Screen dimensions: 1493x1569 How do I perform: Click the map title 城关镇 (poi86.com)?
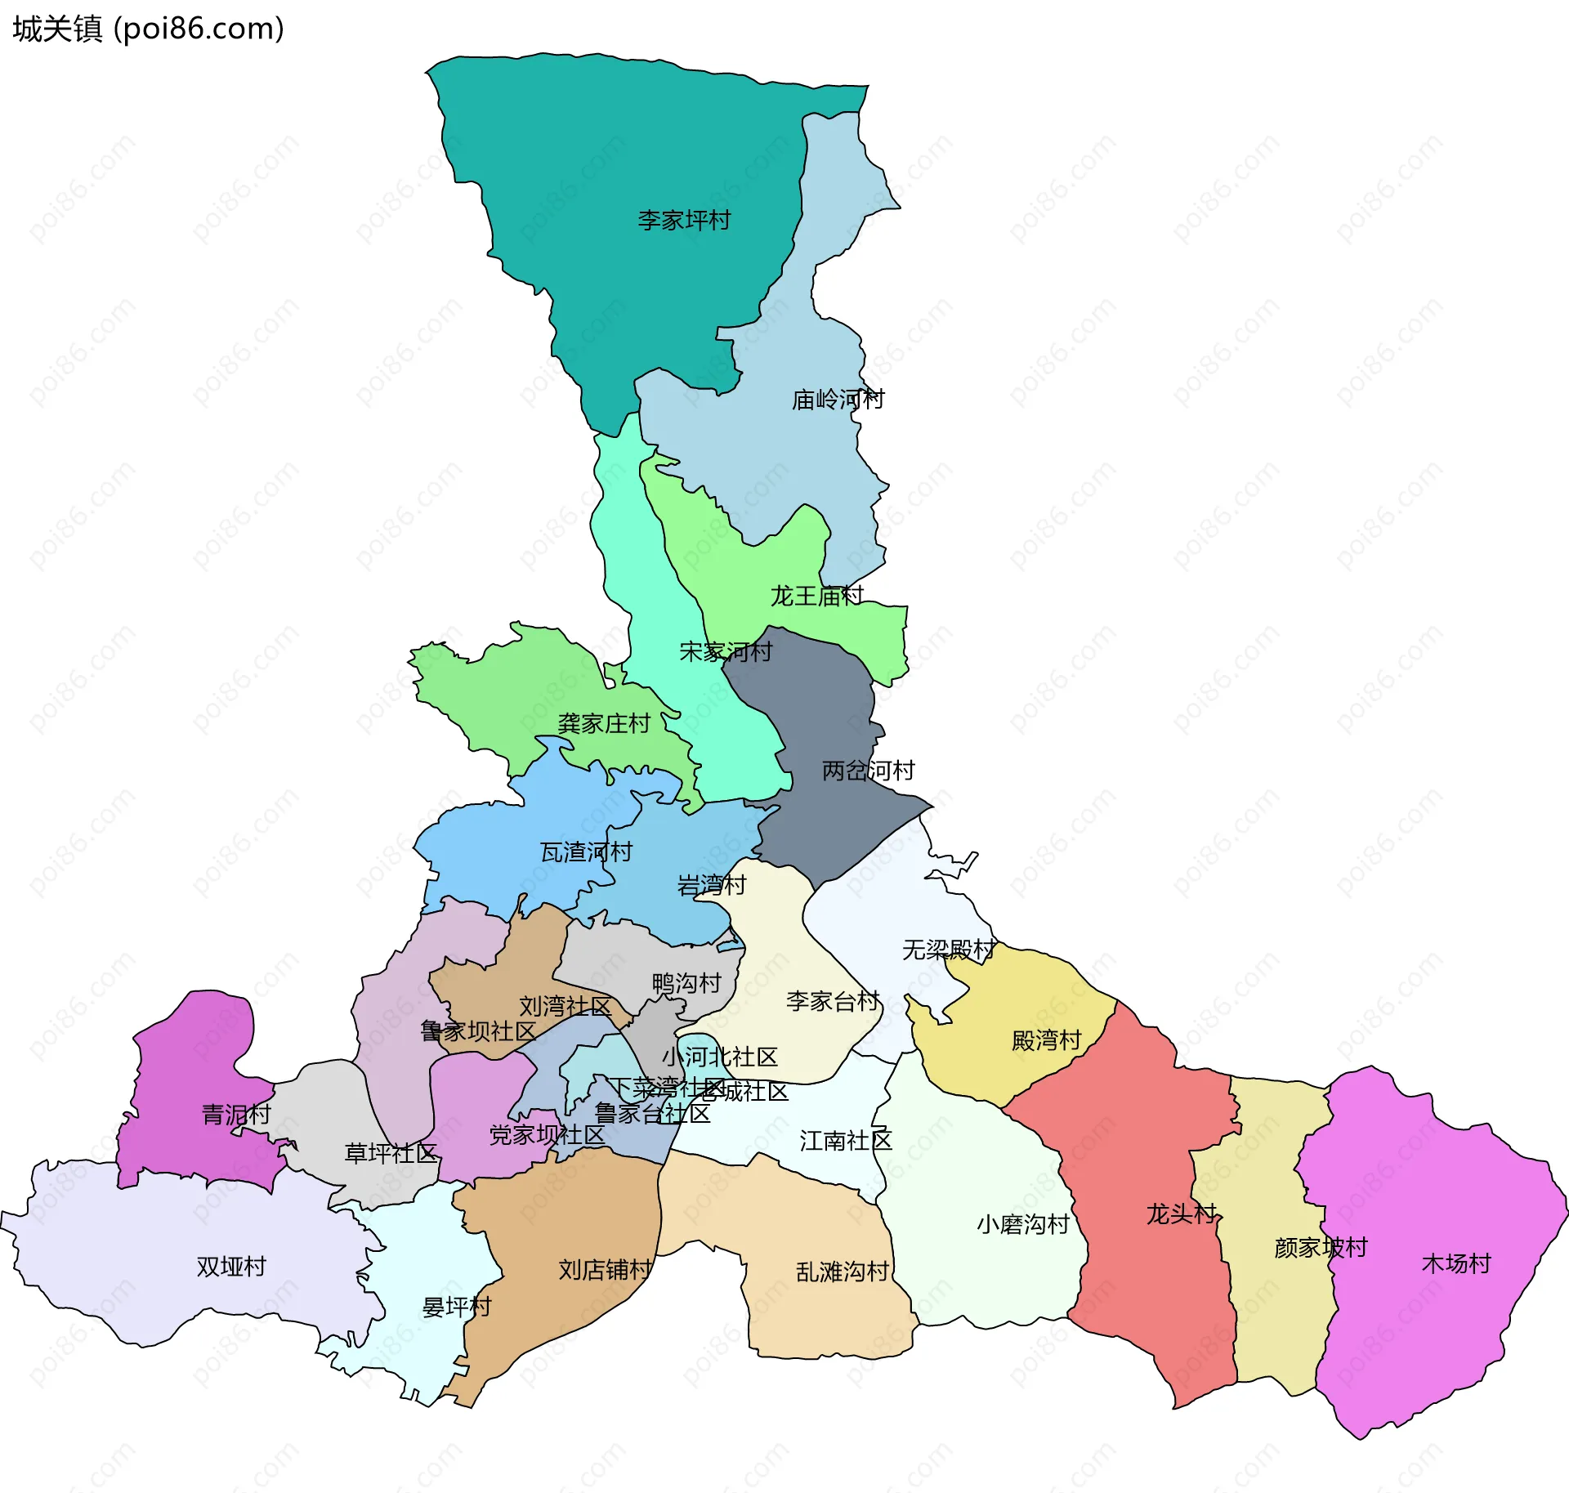click(x=148, y=29)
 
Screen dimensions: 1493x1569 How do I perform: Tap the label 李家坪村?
click(x=683, y=221)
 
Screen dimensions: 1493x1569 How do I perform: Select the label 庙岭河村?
click(x=838, y=400)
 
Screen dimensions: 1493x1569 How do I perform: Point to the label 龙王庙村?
click(x=816, y=596)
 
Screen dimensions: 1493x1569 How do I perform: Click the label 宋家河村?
click(x=726, y=651)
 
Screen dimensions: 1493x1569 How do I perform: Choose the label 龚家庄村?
click(x=603, y=723)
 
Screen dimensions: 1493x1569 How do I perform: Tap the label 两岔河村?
click(x=868, y=771)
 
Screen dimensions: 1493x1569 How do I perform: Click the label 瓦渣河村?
click(x=586, y=852)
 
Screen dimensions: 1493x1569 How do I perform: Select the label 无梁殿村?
click(x=948, y=950)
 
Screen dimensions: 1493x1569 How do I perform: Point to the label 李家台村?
click(x=832, y=1001)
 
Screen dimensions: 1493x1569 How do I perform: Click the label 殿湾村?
click(x=1046, y=1040)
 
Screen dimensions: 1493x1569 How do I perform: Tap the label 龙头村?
click(x=1181, y=1214)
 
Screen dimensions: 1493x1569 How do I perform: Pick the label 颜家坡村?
click(x=1320, y=1248)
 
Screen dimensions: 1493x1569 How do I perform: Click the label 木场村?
click(x=1456, y=1263)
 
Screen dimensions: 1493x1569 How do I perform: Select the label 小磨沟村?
click(x=1022, y=1224)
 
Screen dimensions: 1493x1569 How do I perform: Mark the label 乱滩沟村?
click(x=842, y=1272)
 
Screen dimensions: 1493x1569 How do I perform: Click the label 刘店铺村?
click(x=605, y=1269)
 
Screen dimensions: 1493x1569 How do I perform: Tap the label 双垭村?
click(x=231, y=1267)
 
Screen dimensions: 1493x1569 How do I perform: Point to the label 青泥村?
click(x=235, y=1115)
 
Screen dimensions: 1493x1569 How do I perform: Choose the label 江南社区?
click(x=845, y=1141)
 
